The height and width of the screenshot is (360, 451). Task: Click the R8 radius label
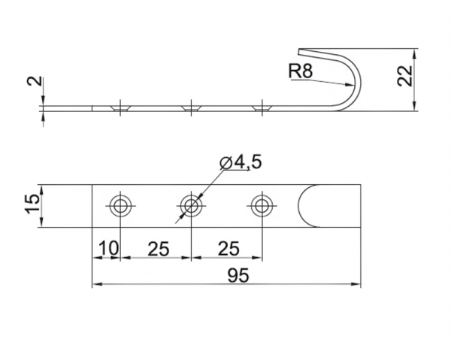[300, 72]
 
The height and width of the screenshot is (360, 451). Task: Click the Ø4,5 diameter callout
[241, 162]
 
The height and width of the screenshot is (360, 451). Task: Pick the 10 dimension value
[107, 248]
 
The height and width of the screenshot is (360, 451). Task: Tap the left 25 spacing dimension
[157, 248]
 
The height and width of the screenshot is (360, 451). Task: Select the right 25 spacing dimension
[228, 248]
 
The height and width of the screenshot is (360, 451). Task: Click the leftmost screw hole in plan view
[120, 205]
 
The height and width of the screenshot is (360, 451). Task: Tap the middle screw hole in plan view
[191, 205]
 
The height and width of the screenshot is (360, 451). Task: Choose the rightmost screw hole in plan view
[262, 205]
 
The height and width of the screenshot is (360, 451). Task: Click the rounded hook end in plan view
[309, 206]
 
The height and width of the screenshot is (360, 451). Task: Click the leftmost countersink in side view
[120, 109]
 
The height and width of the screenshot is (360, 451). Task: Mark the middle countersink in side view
[191, 109]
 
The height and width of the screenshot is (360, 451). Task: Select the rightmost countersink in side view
[262, 109]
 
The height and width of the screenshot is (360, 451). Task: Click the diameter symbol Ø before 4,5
[225, 162]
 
